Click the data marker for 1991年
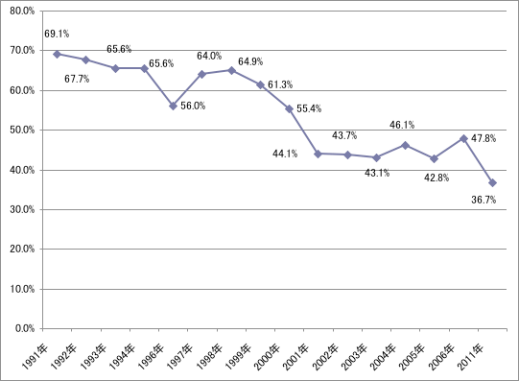(x=57, y=54)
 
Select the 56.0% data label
(x=193, y=106)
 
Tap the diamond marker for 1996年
(x=173, y=106)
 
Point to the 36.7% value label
(x=484, y=200)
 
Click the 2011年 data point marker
(x=492, y=182)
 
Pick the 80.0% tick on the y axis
(x=22, y=11)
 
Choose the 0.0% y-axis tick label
(x=25, y=328)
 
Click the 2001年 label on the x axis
(x=295, y=358)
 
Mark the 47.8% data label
(x=484, y=138)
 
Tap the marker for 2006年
(x=463, y=138)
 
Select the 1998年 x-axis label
(x=209, y=358)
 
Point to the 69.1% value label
(x=57, y=34)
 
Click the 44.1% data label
(x=285, y=154)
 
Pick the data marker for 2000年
(x=289, y=108)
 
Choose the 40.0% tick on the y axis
(x=22, y=170)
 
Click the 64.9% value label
(x=250, y=61)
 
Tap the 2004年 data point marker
(x=405, y=145)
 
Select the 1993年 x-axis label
(x=93, y=358)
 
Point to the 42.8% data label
(x=436, y=178)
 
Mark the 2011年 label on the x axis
(x=470, y=358)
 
